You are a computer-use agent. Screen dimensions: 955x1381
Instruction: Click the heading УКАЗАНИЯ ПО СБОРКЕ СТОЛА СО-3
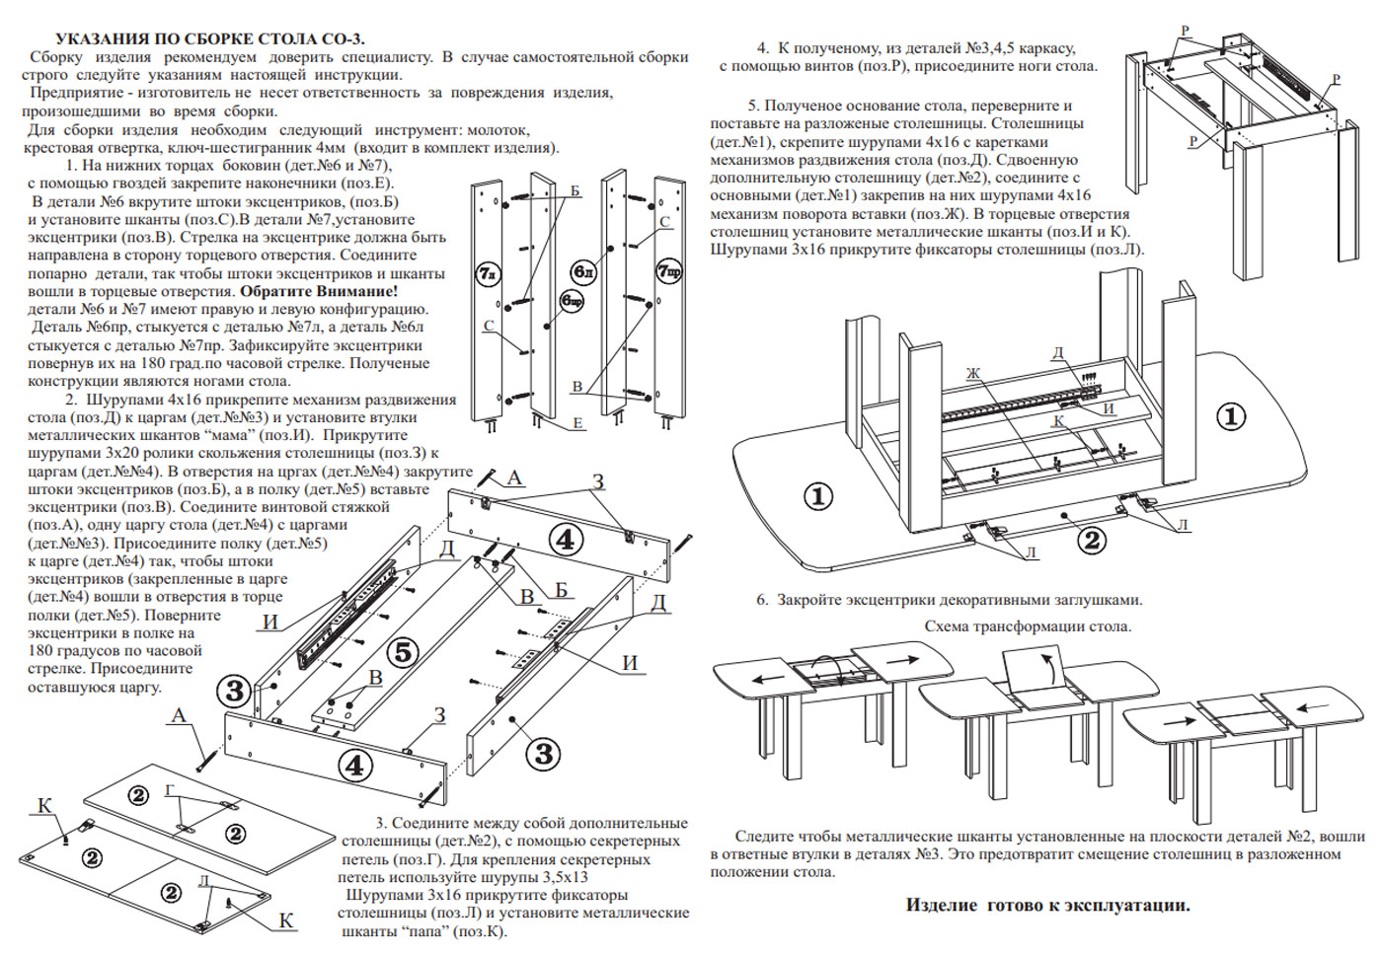(x=209, y=39)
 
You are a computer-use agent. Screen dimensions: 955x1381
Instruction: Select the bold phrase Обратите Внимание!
(x=319, y=291)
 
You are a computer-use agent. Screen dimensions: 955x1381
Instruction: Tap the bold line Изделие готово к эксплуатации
(x=1047, y=905)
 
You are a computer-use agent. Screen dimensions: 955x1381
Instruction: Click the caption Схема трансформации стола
(x=1028, y=626)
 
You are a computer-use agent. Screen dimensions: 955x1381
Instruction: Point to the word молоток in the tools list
(x=498, y=129)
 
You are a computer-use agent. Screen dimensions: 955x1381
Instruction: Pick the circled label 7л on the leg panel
(x=488, y=273)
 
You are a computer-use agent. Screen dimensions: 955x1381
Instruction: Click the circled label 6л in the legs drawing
(x=583, y=270)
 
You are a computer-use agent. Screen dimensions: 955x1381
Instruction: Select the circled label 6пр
(x=572, y=300)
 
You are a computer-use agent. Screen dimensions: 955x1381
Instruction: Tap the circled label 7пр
(x=668, y=270)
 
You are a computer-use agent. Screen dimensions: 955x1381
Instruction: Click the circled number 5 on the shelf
(x=403, y=652)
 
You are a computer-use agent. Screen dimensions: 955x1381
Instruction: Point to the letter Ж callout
(x=973, y=373)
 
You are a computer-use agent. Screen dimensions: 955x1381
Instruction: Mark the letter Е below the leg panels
(x=577, y=424)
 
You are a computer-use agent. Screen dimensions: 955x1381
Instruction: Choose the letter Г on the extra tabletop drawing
(x=170, y=790)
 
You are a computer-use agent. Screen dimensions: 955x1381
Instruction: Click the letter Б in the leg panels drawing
(x=575, y=190)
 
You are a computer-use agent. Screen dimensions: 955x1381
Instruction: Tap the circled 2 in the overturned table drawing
(x=1091, y=540)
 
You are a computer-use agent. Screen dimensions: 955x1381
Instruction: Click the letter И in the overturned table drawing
(x=1109, y=408)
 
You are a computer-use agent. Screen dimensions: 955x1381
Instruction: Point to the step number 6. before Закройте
(x=762, y=600)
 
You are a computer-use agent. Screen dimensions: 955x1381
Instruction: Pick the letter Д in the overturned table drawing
(x=1058, y=353)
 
